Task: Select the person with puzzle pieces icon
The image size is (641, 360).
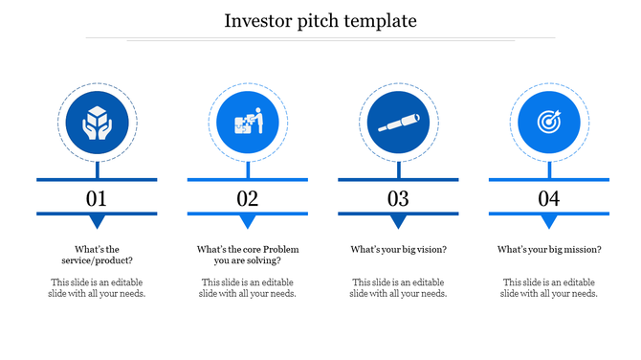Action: [248, 124]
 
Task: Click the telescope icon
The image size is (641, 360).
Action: [398, 124]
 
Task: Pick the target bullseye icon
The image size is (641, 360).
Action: [548, 124]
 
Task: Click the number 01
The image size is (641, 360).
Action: [97, 199]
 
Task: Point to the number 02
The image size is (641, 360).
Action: [248, 199]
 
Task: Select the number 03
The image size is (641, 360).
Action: [398, 199]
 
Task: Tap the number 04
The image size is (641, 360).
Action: [548, 199]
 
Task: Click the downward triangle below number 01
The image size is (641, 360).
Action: [97, 222]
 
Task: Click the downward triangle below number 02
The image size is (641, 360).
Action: [248, 222]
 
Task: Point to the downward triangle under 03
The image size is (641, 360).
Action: [398, 222]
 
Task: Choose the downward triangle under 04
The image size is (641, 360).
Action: [548, 222]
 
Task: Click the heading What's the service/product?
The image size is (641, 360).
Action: [97, 255]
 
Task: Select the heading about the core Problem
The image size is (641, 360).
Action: [248, 255]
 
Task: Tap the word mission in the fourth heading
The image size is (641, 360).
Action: [583, 250]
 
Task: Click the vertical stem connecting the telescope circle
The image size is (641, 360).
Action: [398, 169]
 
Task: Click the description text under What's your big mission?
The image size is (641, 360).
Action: [548, 288]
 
